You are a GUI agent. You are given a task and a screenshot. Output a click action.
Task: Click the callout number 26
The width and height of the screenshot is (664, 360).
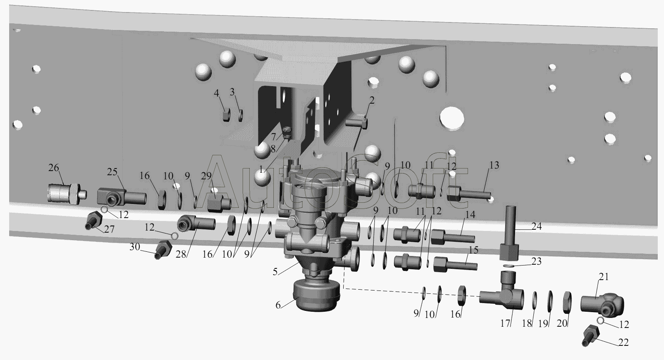point(54,168)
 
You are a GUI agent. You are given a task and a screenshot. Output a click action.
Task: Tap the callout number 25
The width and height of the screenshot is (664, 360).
point(112,172)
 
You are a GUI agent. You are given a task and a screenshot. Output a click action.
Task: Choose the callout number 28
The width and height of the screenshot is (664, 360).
point(181,254)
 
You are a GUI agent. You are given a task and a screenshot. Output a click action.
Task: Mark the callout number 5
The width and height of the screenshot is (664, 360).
point(275,271)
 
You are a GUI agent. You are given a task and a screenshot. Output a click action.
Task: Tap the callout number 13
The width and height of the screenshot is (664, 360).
point(494,165)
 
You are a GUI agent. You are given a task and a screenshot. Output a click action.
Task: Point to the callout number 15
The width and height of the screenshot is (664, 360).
point(474,250)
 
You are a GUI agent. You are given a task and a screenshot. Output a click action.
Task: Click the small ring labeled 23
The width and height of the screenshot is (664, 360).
point(509,265)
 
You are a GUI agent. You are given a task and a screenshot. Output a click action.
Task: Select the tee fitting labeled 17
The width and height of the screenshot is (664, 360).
point(502,291)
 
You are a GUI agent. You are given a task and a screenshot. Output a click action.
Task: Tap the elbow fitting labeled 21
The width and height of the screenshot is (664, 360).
point(602,305)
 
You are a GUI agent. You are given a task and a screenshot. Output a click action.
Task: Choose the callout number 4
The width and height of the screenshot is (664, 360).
point(216,93)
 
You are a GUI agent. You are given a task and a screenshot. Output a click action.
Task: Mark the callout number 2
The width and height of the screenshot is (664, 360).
point(372,100)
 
